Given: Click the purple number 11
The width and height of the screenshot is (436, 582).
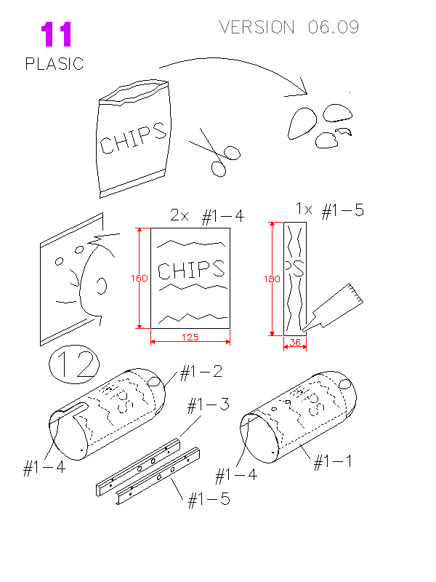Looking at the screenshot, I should point(56,35).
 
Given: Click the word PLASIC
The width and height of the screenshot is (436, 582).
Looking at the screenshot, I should point(54,64).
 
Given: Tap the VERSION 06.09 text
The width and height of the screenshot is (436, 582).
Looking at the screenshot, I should point(289,28).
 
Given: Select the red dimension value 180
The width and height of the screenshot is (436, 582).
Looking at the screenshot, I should point(272,279).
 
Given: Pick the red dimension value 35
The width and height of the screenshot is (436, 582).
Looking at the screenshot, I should point(295,341).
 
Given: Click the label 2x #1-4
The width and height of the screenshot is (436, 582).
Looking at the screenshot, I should point(207,215).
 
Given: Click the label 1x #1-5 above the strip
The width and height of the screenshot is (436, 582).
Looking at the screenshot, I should point(329,210).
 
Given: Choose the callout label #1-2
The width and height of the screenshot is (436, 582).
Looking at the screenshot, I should point(201,372).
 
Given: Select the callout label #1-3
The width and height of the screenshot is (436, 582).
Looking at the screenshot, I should point(209,404).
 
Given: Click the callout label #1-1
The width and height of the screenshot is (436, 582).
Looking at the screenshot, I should point(333,462).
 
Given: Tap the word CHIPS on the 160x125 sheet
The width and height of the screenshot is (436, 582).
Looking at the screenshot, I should point(191,270).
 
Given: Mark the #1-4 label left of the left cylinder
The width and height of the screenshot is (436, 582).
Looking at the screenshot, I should point(44,468).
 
